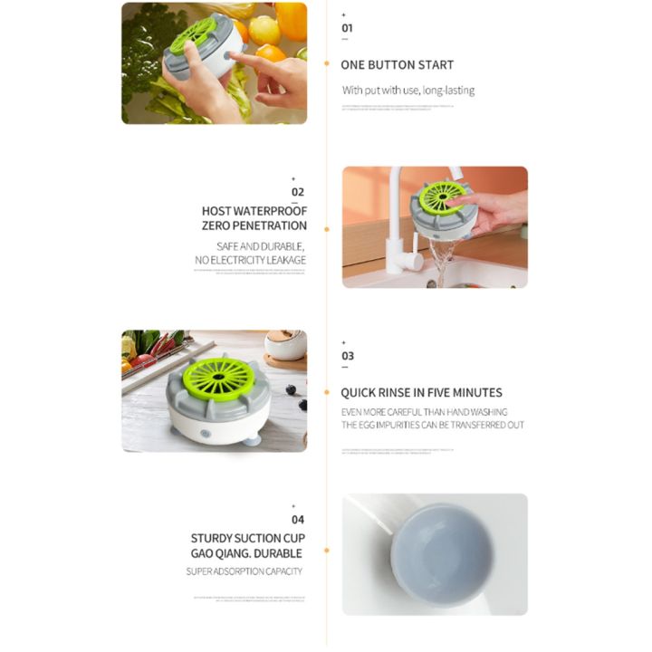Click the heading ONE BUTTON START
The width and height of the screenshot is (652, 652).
[x=397, y=65]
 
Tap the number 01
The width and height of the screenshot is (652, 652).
[x=346, y=28]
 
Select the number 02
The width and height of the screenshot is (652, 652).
[x=298, y=192]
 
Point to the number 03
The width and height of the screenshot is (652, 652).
[x=347, y=356]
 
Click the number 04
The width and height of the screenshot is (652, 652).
[x=298, y=520]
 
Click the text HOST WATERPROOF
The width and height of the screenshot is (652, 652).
[x=254, y=210]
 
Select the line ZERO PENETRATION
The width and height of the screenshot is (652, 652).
[x=254, y=226]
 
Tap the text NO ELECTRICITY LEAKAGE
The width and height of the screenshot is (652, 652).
[x=250, y=261]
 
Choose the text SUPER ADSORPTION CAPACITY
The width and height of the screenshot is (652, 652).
[x=244, y=571]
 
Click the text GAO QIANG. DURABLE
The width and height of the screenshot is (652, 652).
[x=246, y=553]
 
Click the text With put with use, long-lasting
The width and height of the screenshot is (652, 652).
[x=407, y=91]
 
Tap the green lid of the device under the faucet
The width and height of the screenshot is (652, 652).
[x=443, y=197]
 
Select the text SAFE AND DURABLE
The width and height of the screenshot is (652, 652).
[x=261, y=246]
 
